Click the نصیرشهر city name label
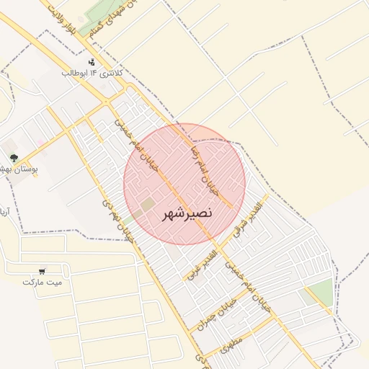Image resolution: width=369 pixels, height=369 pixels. pos(184,214)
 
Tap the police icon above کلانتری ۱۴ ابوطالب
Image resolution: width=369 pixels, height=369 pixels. pos(92,62)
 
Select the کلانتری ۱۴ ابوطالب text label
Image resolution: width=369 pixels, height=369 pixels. pos(94,74)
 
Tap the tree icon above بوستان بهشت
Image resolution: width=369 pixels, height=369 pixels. pos(13,158)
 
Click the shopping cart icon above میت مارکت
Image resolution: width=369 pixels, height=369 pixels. pos(43,271)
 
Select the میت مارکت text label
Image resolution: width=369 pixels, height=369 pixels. pos(43,282)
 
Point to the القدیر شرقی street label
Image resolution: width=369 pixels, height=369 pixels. pos(249,220)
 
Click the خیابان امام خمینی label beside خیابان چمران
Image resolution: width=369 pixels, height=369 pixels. pos(249,285)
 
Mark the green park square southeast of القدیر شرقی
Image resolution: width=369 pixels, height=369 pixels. pos(321,292)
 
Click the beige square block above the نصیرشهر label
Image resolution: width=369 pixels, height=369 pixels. pos(148,205)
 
